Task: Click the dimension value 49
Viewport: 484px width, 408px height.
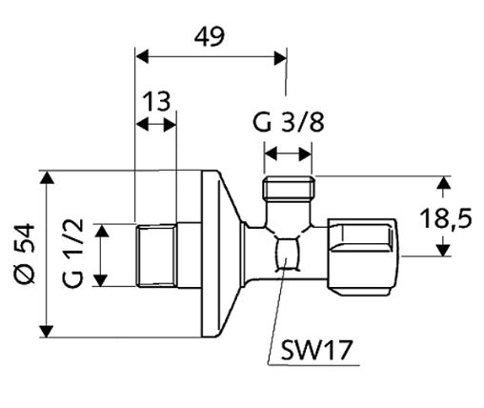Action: click(210, 37)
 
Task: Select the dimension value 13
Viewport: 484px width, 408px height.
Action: click(156, 102)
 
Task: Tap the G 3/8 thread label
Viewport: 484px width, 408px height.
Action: click(289, 123)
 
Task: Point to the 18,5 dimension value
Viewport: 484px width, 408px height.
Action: click(446, 219)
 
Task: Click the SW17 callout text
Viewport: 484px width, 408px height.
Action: click(316, 350)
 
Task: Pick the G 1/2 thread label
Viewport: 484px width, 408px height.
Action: click(73, 253)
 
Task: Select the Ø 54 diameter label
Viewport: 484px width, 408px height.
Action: click(24, 253)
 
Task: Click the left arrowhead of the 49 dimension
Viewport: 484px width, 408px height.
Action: click(142, 57)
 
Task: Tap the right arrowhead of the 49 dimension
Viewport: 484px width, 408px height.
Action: click(280, 57)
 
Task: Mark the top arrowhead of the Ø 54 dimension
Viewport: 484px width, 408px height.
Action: click(47, 177)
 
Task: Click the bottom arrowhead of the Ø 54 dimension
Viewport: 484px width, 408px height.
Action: click(47, 332)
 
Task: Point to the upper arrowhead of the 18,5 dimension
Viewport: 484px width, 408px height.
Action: click(443, 183)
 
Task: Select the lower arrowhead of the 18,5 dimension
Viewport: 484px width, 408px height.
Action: click(443, 250)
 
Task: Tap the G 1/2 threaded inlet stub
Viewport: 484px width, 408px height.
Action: click(156, 255)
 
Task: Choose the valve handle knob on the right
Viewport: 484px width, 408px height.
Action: click(363, 256)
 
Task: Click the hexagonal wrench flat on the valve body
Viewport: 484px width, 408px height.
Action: click(288, 255)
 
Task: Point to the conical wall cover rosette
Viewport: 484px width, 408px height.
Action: click(222, 254)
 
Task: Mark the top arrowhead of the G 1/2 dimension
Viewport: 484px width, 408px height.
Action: click(102, 231)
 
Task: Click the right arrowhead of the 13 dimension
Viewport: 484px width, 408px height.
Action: click(170, 124)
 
